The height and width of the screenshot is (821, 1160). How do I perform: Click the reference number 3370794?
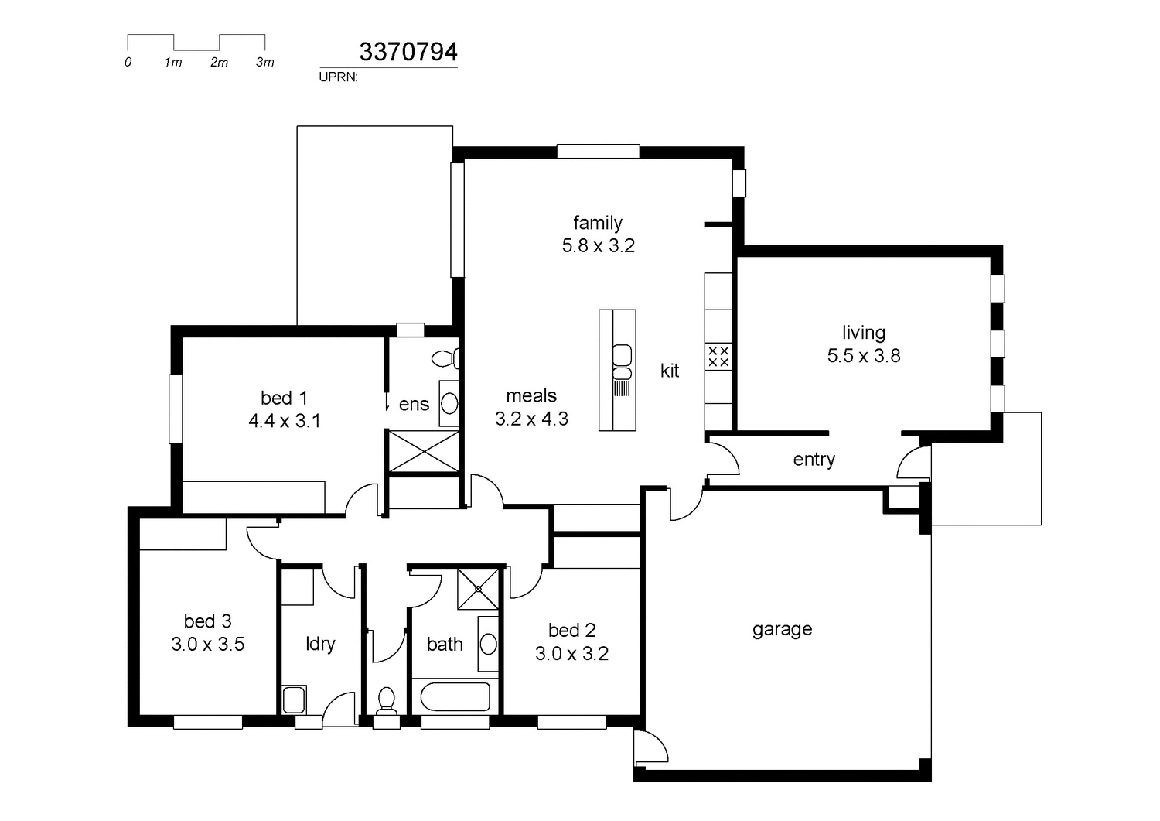pyautogui.click(x=408, y=52)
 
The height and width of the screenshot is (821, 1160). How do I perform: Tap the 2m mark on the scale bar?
pyautogui.click(x=219, y=62)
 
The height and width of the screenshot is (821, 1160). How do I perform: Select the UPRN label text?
pyautogui.click(x=338, y=77)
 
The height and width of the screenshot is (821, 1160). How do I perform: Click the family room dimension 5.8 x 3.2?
pyautogui.click(x=598, y=246)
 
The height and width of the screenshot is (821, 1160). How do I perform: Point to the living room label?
pyautogui.click(x=863, y=333)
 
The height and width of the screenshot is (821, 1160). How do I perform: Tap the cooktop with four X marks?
pyautogui.click(x=718, y=357)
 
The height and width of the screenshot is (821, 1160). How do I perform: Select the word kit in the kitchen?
pyautogui.click(x=669, y=371)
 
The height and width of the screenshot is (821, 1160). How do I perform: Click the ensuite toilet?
pyautogui.click(x=446, y=358)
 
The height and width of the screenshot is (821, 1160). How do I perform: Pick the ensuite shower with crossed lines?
pyautogui.click(x=424, y=451)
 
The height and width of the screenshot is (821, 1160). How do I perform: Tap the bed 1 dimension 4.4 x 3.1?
pyautogui.click(x=284, y=421)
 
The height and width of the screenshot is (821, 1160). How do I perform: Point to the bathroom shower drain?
pyautogui.click(x=478, y=589)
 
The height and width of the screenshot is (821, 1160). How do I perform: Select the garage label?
pyautogui.click(x=782, y=629)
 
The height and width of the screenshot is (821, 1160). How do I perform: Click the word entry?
pyautogui.click(x=814, y=460)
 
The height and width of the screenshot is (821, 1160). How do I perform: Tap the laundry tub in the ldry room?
pyautogui.click(x=294, y=700)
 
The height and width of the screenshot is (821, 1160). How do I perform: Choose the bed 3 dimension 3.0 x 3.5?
pyautogui.click(x=207, y=645)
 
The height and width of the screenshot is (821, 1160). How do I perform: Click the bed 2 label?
pyautogui.click(x=571, y=631)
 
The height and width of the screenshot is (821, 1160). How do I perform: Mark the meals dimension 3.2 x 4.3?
pyautogui.click(x=531, y=419)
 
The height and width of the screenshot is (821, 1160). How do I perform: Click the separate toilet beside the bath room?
pyautogui.click(x=386, y=701)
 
